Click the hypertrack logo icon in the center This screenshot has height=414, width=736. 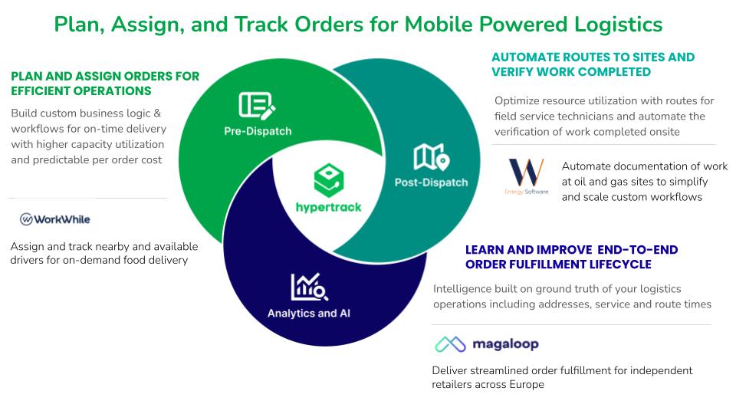(x=329, y=180)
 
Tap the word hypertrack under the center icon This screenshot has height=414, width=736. (x=329, y=207)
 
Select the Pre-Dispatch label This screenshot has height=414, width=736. (x=258, y=131)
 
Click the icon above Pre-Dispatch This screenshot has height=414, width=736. (x=257, y=106)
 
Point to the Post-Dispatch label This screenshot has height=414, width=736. (x=432, y=182)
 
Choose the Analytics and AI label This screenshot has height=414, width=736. (x=309, y=313)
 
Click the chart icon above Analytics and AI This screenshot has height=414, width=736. (x=309, y=287)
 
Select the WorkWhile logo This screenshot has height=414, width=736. (x=55, y=219)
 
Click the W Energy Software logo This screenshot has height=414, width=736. (x=526, y=176)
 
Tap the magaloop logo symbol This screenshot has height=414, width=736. (x=450, y=344)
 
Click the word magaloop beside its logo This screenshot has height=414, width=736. (x=505, y=344)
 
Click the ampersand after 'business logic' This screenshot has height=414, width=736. (x=156, y=113)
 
